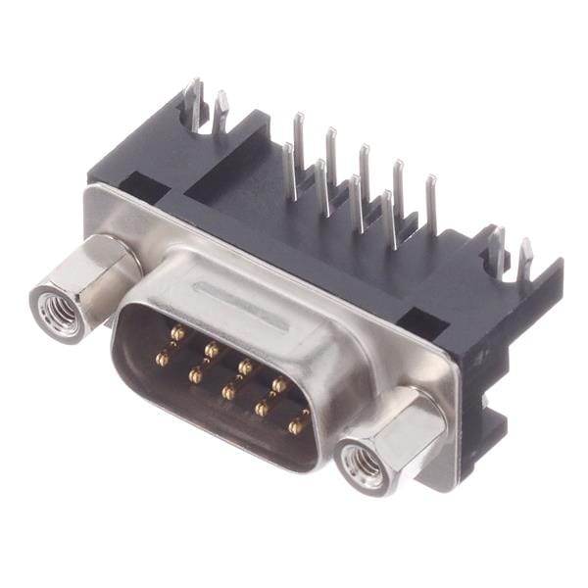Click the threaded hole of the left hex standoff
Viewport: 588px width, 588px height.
tap(58, 313)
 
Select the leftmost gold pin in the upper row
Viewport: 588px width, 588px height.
tap(176, 334)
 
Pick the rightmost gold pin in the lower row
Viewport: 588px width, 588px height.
tap(296, 425)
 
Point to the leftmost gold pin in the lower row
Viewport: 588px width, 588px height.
tap(163, 359)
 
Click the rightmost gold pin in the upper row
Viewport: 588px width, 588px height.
tap(279, 384)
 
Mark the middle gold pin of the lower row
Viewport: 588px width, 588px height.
tap(228, 391)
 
